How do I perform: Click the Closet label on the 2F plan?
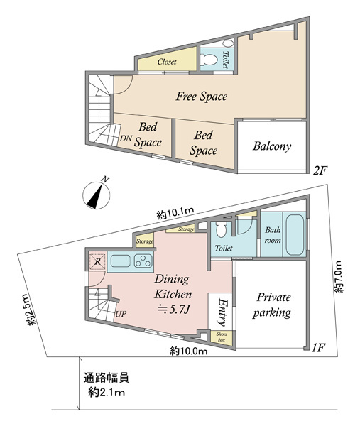coord(167,62)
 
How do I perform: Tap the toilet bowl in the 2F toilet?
coord(209,59)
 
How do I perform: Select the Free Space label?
coord(202,97)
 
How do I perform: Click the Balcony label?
coord(272,146)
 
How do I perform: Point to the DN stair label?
coord(126,138)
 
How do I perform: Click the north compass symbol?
coord(97,195)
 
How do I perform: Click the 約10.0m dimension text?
coord(189,351)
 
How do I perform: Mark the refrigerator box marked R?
coord(97,261)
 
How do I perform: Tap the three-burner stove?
coord(143,261)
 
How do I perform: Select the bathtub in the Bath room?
coord(294,235)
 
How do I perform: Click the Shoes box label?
coord(222,337)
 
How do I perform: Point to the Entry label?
coord(222,312)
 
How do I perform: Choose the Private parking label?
coord(272,305)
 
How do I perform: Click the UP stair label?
coord(121,314)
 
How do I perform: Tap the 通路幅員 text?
coord(107,378)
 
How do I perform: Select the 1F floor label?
coord(318,347)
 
